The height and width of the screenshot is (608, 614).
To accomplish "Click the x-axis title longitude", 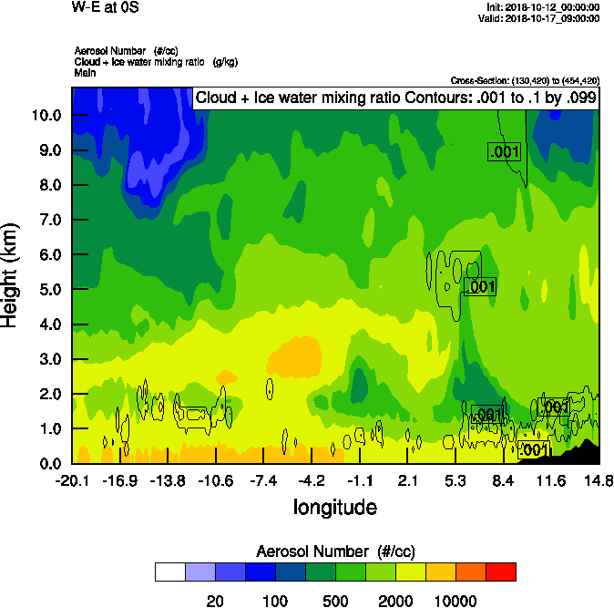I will tap(334, 507).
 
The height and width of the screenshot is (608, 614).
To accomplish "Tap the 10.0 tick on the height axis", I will tap(45, 116).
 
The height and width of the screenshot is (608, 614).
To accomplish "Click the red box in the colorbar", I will tap(500, 572).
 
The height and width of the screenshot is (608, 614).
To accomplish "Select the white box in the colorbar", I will tap(169, 572).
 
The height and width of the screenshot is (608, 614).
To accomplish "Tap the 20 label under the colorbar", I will tap(215, 600).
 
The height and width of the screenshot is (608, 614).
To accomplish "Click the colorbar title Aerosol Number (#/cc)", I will tap(334, 551).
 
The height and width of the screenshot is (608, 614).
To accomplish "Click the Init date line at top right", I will tap(543, 6).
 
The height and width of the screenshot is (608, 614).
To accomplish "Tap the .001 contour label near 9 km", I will tap(504, 152).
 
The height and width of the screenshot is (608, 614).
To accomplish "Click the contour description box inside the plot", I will tap(396, 98).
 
